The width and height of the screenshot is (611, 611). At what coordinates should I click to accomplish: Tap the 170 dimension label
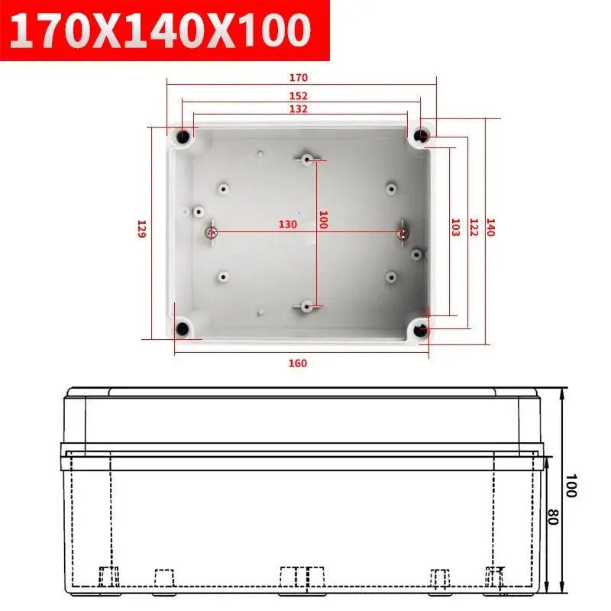point(298,77)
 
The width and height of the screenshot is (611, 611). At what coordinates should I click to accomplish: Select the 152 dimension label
point(298,95)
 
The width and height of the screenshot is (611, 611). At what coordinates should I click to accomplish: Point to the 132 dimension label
point(298,109)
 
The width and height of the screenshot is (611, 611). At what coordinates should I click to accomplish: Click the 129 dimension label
point(141,229)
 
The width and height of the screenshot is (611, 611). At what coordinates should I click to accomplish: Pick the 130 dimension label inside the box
point(287,225)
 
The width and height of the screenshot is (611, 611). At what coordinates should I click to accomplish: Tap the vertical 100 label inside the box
point(322,221)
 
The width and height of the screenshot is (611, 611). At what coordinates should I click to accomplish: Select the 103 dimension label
point(455,228)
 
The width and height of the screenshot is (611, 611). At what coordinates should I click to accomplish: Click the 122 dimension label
point(473,228)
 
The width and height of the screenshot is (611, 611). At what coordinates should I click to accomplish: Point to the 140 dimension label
point(490,228)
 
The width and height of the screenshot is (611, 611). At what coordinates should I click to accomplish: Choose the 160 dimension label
point(298,363)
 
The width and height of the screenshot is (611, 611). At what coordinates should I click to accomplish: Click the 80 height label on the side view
point(553,517)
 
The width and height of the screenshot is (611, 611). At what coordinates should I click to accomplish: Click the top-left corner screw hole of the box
point(183,137)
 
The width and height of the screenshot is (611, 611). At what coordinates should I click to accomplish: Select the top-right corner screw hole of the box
point(422,137)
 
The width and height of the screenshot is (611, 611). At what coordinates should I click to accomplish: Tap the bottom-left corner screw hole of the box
point(183,329)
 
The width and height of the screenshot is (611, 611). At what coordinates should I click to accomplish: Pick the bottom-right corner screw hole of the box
point(422,329)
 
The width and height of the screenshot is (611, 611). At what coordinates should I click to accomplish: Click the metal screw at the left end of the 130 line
point(212,231)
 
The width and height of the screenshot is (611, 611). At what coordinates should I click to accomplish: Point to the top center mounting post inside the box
point(306,159)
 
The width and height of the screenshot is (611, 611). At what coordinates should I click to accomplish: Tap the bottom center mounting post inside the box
point(306,307)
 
